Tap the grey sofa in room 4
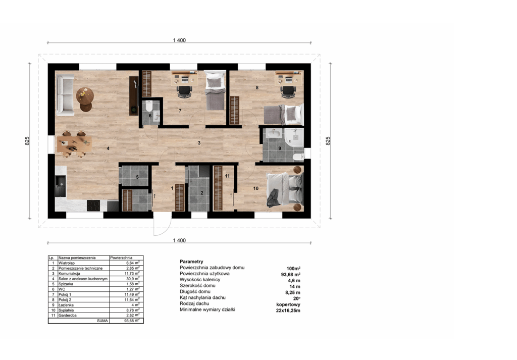click(65, 95)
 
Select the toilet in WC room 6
click(149, 106)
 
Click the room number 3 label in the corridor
click(199, 143)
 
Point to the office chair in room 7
click(185, 92)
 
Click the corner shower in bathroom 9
click(294, 138)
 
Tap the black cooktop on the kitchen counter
click(93, 205)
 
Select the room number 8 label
click(257, 88)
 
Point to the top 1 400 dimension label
click(179, 40)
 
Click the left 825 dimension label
click(27, 141)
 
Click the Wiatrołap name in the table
click(67, 263)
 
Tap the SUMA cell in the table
click(102, 321)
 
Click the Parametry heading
click(191, 262)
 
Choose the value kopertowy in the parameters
click(288, 304)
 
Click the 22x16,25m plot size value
click(288, 310)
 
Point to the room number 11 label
click(227, 176)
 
